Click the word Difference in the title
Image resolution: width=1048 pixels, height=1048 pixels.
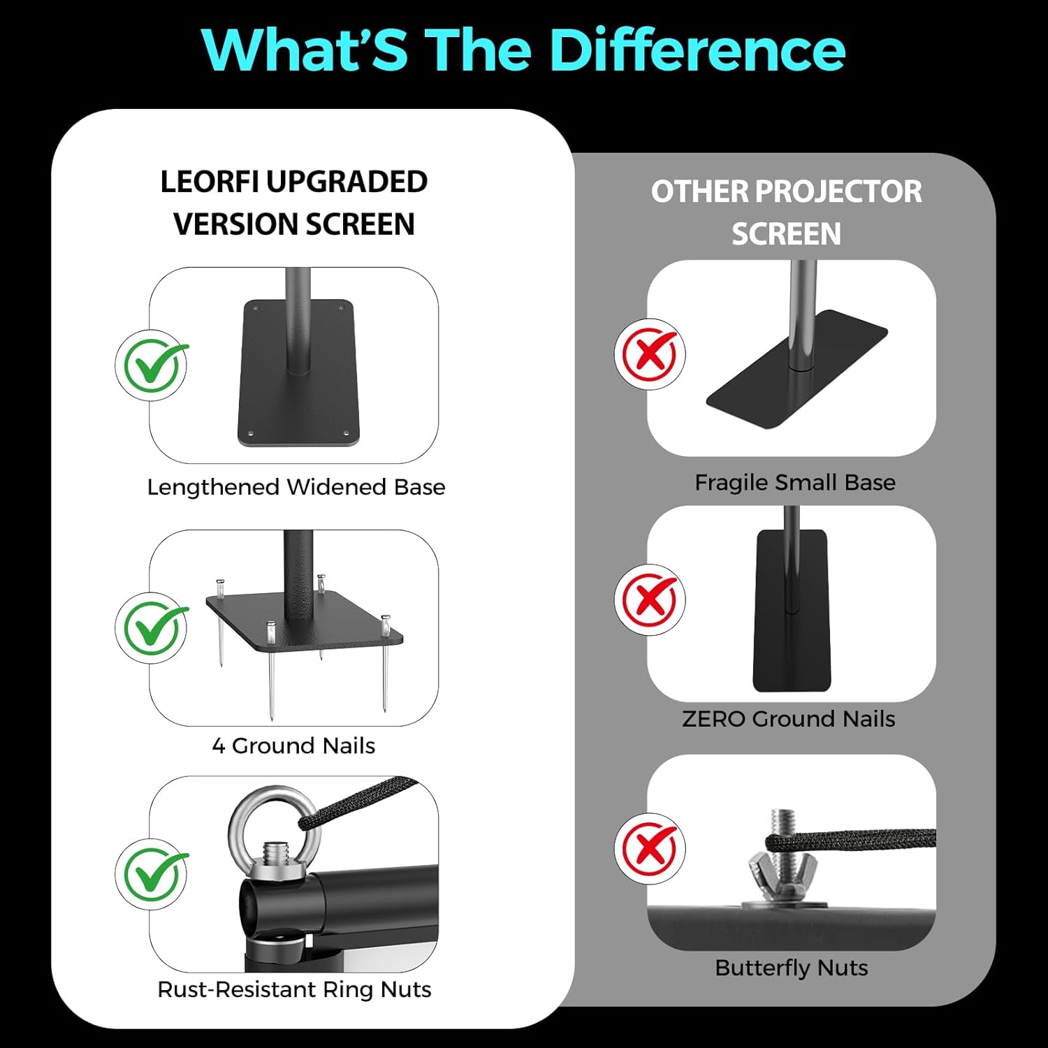(697, 50)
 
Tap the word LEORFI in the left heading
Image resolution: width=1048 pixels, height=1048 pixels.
(210, 182)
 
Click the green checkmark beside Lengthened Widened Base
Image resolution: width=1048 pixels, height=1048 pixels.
(151, 365)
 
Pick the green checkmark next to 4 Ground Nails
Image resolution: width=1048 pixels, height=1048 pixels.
(151, 628)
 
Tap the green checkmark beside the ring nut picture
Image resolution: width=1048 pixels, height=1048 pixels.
(151, 874)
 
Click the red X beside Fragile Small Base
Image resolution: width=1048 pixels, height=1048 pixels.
(650, 354)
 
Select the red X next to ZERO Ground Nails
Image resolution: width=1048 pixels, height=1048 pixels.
(650, 600)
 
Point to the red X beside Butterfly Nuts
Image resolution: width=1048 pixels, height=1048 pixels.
(650, 849)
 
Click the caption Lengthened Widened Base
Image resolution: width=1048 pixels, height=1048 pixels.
(296, 487)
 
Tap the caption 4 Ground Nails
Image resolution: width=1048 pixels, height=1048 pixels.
(293, 746)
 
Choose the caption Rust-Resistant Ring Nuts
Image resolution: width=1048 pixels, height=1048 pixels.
(294, 990)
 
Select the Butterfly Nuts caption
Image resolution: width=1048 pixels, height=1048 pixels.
(792, 968)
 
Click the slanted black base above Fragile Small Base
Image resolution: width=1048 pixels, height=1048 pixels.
(796, 377)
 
